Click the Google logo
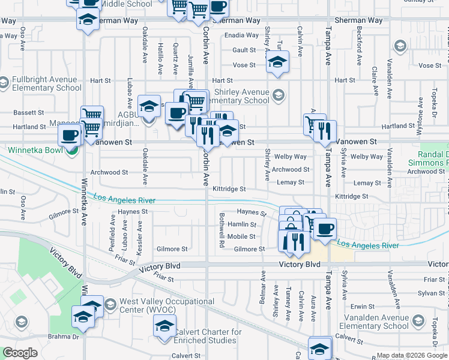coord(20,353)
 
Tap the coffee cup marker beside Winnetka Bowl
coord(70,135)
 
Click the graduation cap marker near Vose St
coord(277,62)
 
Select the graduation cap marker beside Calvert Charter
coord(164,328)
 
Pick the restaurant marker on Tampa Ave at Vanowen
coord(325,131)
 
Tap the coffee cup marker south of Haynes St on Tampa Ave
coord(325,229)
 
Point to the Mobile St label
coord(241,236)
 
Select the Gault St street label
coord(244,50)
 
